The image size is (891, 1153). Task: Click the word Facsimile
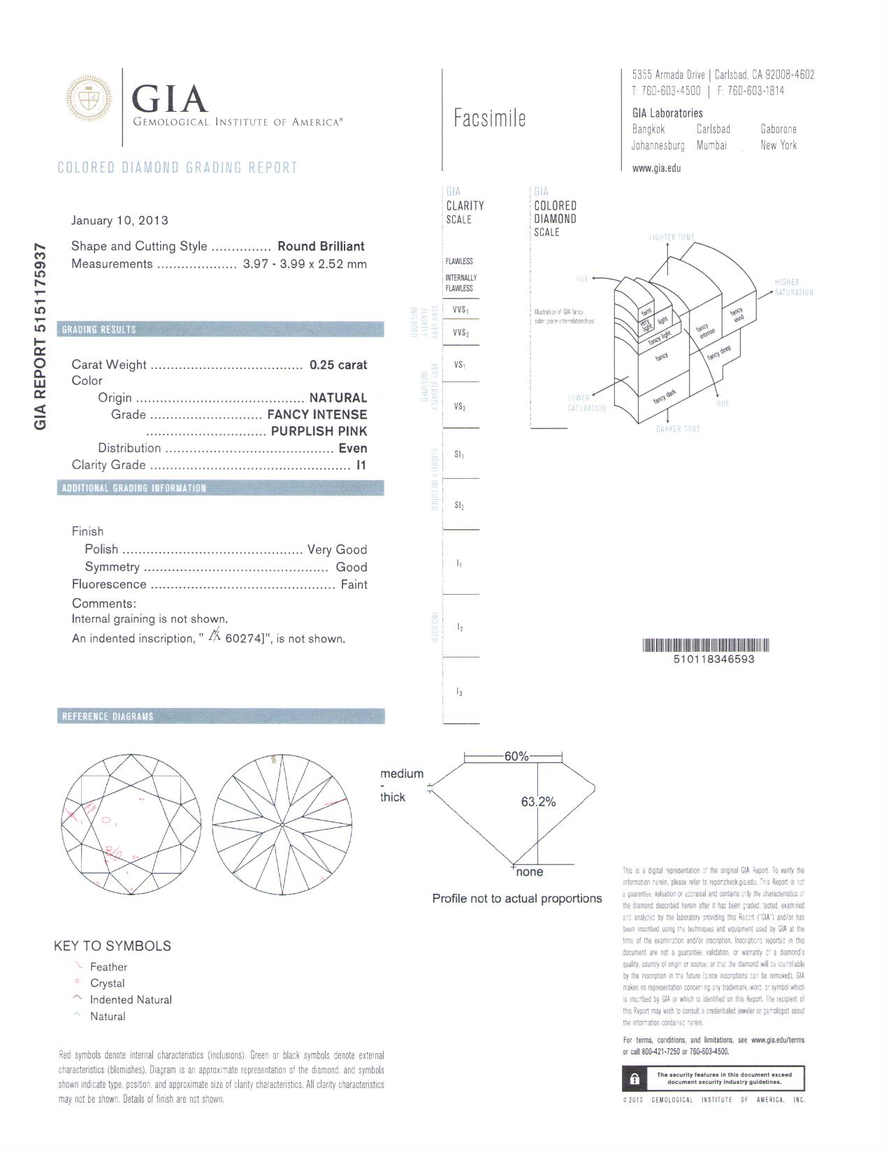[x=489, y=119]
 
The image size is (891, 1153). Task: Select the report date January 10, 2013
[x=119, y=221]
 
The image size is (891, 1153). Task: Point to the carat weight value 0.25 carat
[x=338, y=365]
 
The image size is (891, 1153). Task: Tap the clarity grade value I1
[x=361, y=465]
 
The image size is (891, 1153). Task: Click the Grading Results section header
[x=99, y=330]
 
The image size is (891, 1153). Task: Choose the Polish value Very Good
[x=337, y=550]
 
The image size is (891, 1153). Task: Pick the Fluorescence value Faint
[x=354, y=585]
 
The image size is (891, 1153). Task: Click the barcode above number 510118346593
[x=705, y=645]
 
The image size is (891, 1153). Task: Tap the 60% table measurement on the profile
[x=516, y=757]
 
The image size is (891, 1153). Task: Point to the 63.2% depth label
[x=538, y=802]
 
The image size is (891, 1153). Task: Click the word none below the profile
[x=529, y=872]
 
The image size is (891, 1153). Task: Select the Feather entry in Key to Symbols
[x=108, y=967]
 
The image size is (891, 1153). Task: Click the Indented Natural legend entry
[x=131, y=1000]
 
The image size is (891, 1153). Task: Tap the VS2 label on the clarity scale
[x=459, y=407]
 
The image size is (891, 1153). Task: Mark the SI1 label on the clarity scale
[x=459, y=455]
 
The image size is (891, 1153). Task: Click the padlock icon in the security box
[x=635, y=1079]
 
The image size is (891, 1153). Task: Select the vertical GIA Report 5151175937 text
[x=41, y=336]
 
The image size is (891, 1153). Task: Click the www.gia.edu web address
[x=656, y=168]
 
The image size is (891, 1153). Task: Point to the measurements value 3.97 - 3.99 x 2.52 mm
[x=304, y=264]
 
